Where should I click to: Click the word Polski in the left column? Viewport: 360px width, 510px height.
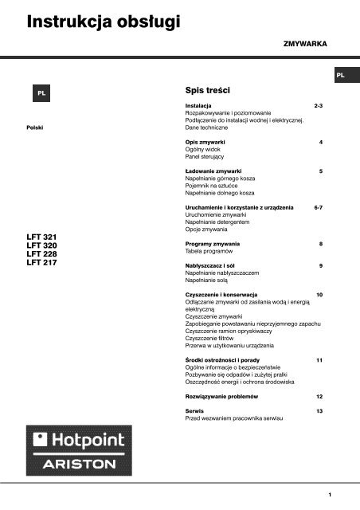click(x=35, y=127)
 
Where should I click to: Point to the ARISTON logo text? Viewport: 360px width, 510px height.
click(x=77, y=462)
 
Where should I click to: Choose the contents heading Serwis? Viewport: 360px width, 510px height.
click(x=194, y=410)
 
